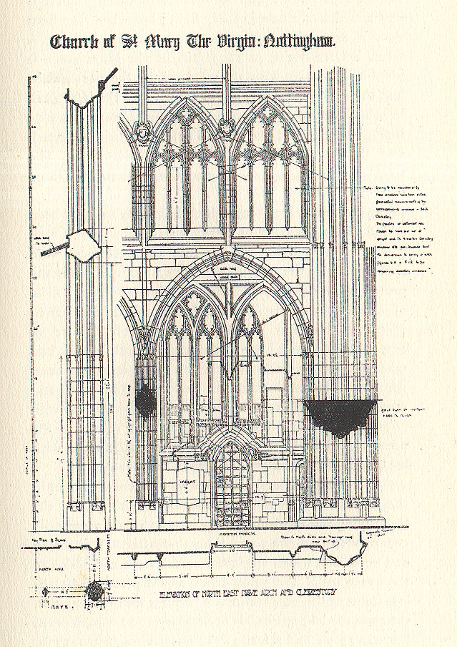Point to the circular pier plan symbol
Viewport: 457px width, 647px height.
94,593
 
